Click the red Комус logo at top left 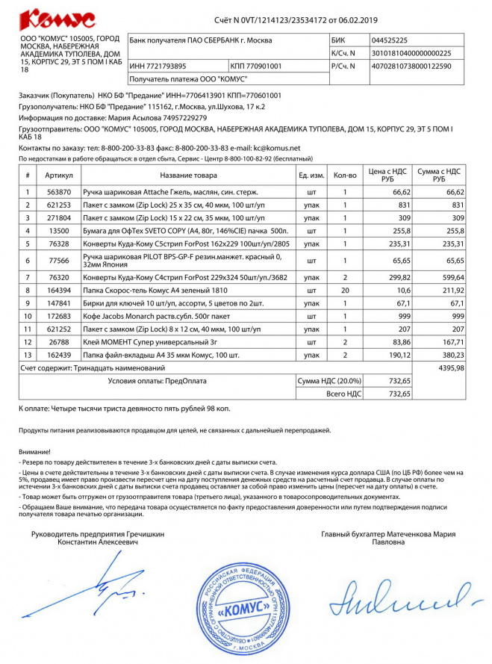pos(57,19)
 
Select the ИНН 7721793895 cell pos(158,66)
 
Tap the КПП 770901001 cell pos(257,66)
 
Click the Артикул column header pos(59,176)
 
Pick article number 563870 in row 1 pos(59,193)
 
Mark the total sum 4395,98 pos(451,367)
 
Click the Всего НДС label pos(344,393)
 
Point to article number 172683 pos(59,317)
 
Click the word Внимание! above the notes pos(35,451)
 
